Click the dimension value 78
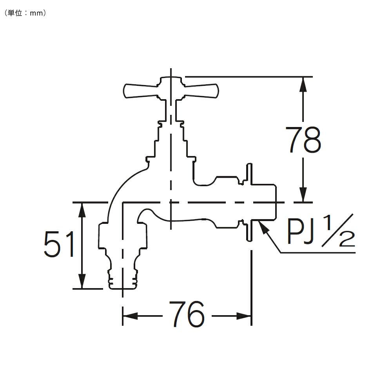(303, 140)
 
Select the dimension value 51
(59, 244)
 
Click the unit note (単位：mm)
(25, 13)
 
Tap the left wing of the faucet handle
(140, 91)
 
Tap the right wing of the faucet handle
(201, 91)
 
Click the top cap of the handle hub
(171, 80)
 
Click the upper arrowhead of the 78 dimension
(303, 85)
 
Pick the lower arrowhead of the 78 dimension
(303, 194)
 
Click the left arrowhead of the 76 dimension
(130, 316)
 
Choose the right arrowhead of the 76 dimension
(243, 316)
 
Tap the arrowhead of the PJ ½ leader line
(264, 227)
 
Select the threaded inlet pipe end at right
(264, 203)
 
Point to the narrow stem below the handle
(171, 111)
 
